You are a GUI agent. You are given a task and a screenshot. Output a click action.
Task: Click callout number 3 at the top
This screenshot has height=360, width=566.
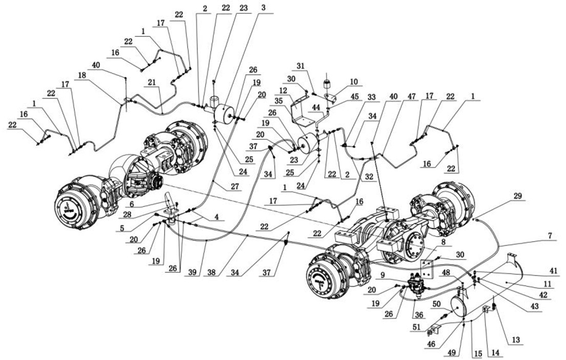(263, 9)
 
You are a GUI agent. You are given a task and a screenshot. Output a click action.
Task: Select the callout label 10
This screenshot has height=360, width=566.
(353, 82)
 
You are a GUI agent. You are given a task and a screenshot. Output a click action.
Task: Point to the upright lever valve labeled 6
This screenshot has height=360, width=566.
(170, 205)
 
